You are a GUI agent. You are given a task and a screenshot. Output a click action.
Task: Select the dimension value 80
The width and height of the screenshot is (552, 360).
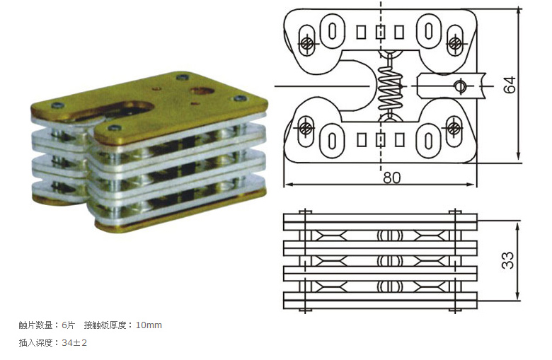point(391,178)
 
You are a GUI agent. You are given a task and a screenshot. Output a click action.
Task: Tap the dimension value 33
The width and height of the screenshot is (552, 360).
point(507,260)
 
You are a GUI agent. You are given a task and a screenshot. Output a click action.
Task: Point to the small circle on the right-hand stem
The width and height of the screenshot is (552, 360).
point(460,86)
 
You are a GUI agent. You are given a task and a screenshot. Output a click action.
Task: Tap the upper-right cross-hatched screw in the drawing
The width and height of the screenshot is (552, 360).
point(454,44)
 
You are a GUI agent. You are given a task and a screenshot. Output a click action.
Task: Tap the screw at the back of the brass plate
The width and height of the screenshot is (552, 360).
point(183,77)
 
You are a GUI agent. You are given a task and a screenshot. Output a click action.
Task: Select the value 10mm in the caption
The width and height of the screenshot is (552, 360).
point(149,325)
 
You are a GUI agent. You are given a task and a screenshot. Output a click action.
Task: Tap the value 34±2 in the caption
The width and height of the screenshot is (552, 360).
point(74,342)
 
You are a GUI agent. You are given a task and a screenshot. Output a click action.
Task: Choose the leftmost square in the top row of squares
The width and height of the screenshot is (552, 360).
point(361,32)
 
